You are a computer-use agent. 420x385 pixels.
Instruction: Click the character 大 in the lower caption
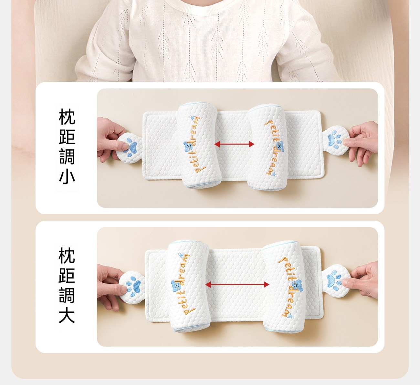67,316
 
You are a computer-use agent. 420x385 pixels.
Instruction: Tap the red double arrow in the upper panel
234,144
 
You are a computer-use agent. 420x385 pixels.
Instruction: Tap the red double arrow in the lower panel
237,285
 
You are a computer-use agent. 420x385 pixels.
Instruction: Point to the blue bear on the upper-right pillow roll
280,147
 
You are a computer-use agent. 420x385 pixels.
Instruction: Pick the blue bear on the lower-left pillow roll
175,286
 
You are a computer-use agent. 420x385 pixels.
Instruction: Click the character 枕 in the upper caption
67,117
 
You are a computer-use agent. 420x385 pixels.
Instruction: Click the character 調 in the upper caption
67,157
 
